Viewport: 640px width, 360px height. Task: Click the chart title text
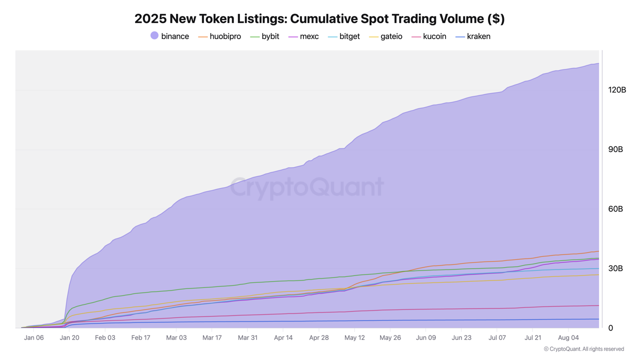pos(319,18)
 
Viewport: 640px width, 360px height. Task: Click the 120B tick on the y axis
pos(616,90)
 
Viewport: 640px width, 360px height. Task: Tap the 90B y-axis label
pos(615,149)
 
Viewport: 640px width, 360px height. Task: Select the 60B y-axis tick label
pos(615,209)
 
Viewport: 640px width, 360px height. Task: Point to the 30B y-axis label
pos(615,268)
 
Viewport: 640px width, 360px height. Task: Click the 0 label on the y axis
pos(610,328)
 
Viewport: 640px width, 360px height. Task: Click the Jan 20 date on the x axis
pos(69,337)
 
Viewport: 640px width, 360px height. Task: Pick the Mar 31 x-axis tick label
pos(247,337)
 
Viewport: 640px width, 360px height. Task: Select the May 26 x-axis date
pos(390,337)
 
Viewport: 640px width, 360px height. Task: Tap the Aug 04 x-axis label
pos(568,337)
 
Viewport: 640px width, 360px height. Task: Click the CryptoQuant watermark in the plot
pos(306,187)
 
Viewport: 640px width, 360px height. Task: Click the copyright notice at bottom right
pos(583,349)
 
